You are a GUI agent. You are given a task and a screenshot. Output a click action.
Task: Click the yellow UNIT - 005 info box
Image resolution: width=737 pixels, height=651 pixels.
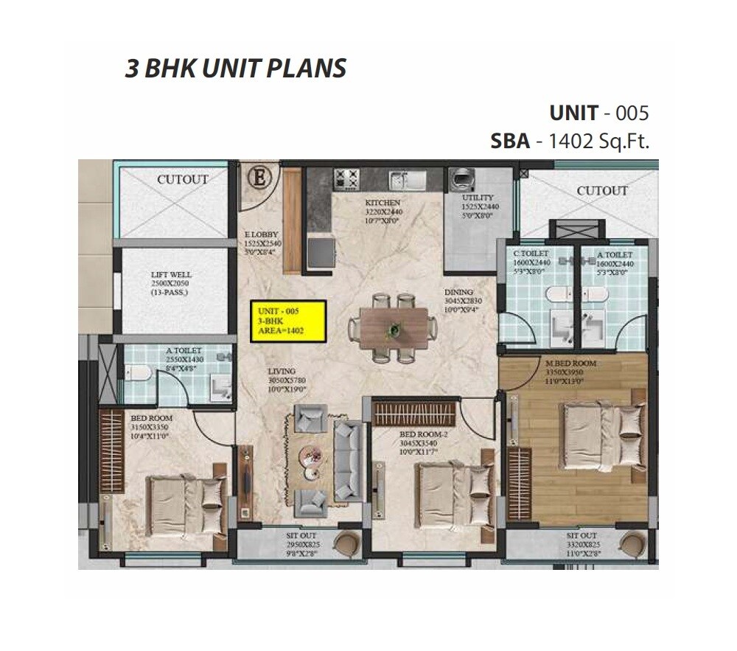[x=287, y=321]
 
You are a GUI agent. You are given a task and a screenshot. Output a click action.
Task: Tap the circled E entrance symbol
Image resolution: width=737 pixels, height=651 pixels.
[x=259, y=178]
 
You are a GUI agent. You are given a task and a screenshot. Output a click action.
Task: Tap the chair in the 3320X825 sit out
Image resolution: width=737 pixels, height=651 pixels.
[x=632, y=544]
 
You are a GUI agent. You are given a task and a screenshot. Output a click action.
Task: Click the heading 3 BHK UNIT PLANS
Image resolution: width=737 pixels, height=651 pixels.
[x=235, y=69]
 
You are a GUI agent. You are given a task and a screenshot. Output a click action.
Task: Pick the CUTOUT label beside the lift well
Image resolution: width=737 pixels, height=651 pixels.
[x=182, y=179]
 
